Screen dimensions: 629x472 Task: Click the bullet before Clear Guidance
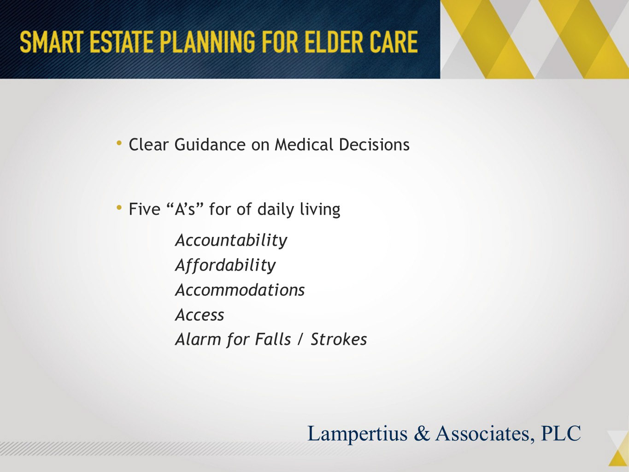(119, 143)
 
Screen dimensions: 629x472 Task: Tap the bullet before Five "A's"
(119, 207)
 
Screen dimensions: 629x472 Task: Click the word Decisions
(374, 144)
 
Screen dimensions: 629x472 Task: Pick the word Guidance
(210, 144)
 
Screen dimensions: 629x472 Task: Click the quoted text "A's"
(185, 209)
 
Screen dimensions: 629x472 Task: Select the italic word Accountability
(231, 241)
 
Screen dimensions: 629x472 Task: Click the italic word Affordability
(225, 265)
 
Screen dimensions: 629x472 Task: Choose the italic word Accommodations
(240, 290)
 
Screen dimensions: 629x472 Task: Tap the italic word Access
(200, 315)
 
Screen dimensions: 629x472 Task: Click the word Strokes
(339, 340)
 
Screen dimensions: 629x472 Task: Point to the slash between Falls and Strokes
(300, 340)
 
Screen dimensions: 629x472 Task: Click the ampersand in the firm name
(422, 433)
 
